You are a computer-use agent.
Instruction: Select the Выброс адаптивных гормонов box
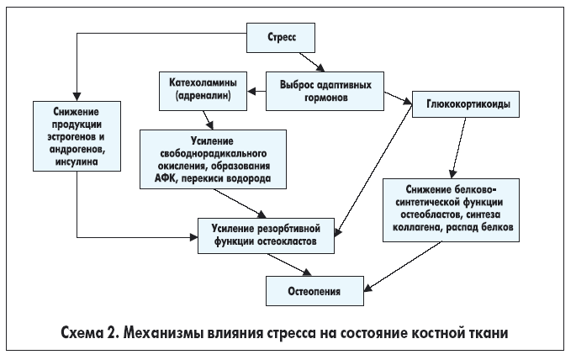tap(326, 90)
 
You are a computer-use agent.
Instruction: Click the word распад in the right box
tap(472, 227)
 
